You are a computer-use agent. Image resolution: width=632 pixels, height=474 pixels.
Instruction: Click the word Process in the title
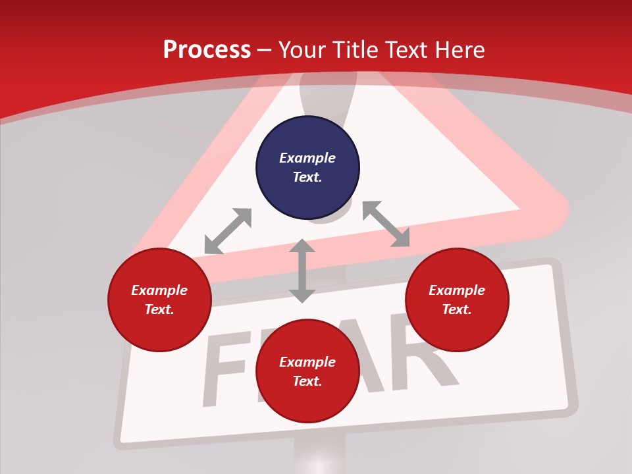207,50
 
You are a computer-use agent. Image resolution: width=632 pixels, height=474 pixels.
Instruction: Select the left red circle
159,300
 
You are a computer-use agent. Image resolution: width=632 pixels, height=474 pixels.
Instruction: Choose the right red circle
457,300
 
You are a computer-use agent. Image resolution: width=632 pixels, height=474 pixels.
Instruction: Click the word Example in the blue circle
307,158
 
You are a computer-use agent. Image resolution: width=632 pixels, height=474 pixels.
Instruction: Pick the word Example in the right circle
457,290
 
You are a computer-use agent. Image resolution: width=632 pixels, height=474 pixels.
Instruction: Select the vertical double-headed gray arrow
302,271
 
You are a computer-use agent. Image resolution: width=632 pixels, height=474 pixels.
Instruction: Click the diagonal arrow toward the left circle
228,231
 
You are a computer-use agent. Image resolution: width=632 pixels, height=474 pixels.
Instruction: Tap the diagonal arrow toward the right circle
386,224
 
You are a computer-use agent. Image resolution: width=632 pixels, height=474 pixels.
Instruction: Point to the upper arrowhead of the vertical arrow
302,246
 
